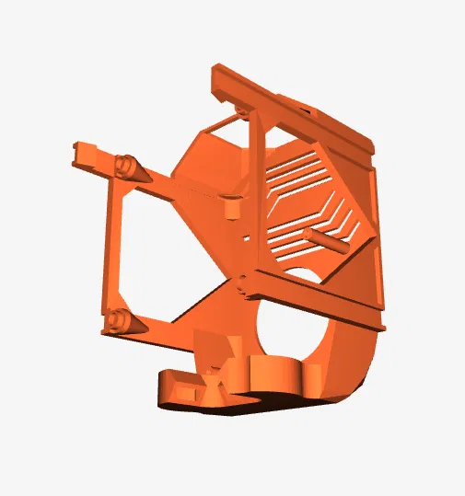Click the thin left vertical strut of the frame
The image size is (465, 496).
tap(112, 248)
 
